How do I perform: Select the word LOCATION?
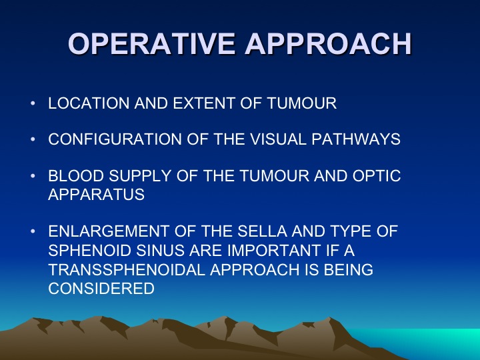coord(89,103)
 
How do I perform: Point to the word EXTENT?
coord(204,103)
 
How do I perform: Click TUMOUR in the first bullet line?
coord(302,103)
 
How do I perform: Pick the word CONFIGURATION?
coord(115,139)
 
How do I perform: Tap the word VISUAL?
coord(278,139)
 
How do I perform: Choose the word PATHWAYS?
coord(356,139)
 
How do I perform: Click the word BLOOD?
coord(76,176)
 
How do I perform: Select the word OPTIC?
coord(377,176)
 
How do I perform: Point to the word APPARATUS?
coord(97,195)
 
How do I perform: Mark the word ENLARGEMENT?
coord(109,231)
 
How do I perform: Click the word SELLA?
coord(263,231)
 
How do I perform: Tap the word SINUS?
coord(160,251)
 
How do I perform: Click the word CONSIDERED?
coord(101,289)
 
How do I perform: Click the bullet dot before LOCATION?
coord(33,103)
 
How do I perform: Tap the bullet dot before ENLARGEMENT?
coord(33,231)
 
